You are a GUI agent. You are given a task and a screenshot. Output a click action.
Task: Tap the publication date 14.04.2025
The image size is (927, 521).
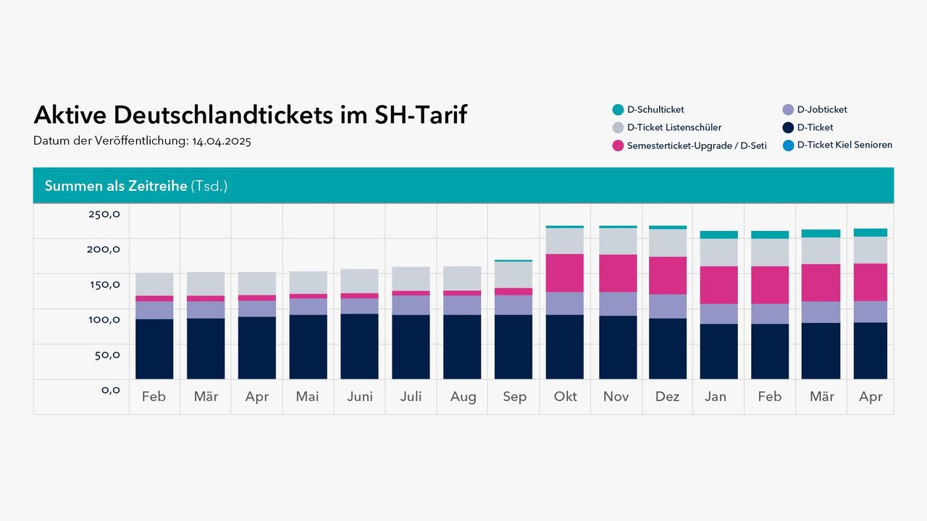[222, 141]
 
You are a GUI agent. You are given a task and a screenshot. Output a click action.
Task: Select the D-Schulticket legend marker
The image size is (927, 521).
[618, 110]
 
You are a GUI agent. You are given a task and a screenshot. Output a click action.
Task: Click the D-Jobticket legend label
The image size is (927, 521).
[822, 110]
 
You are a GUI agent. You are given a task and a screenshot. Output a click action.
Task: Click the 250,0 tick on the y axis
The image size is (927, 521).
[105, 214]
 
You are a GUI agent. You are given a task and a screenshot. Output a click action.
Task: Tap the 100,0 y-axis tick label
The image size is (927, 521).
[105, 320]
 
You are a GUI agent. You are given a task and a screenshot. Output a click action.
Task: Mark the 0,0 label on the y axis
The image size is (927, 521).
[110, 390]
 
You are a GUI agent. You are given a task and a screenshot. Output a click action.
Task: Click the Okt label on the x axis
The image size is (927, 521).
[565, 397]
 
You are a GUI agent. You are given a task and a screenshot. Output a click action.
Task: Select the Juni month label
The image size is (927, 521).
[359, 397]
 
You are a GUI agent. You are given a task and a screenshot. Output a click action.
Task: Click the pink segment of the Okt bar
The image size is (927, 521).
[565, 273]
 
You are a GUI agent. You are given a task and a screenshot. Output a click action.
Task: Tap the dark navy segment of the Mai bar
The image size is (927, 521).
[309, 347]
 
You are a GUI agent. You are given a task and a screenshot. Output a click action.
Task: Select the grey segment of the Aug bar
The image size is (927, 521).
[462, 278]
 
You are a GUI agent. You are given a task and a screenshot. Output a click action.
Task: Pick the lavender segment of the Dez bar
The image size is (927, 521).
[668, 306]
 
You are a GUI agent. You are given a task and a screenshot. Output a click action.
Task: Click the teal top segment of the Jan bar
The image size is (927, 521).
[718, 234]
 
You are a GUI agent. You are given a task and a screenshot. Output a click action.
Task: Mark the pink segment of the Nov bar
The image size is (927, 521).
[616, 273]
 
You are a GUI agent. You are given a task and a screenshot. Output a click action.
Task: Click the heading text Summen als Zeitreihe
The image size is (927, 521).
[116, 186]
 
